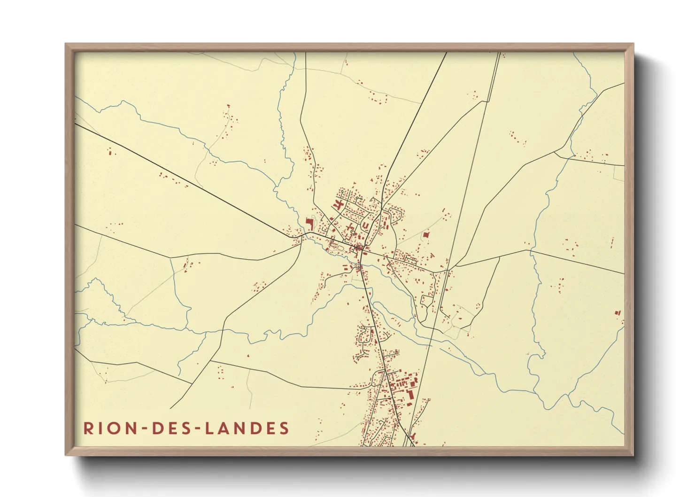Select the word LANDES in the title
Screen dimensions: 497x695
pos(247,428)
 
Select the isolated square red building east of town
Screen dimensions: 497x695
pos(426,234)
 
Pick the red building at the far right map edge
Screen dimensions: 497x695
pos(618,312)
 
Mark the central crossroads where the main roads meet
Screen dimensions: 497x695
pos(361,249)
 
